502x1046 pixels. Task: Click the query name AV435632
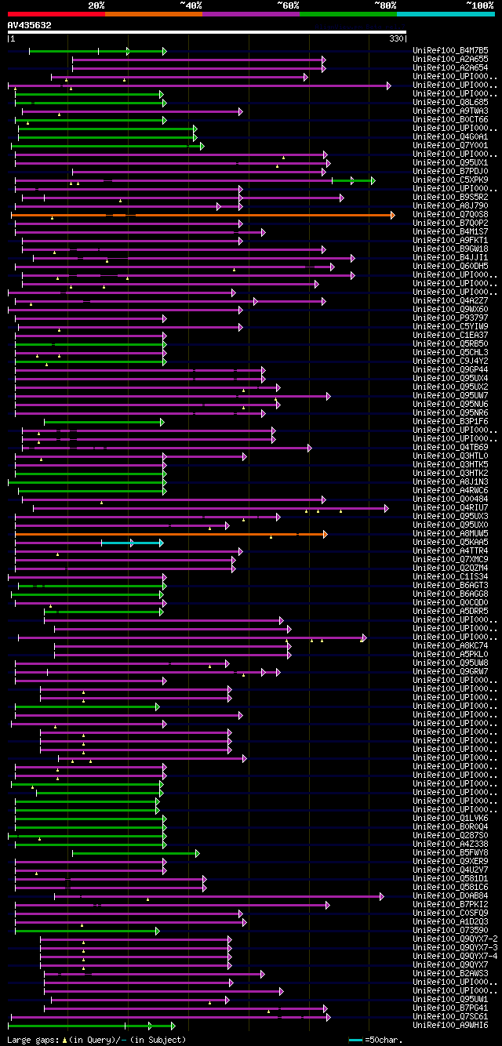(x=30, y=25)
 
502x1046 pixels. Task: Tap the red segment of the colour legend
(x=56, y=13)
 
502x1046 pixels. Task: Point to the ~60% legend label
(x=288, y=5)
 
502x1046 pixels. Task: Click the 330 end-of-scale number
(x=396, y=38)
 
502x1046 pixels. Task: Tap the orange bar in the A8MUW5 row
(x=157, y=534)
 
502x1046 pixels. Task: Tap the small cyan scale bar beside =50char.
(x=355, y=1040)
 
